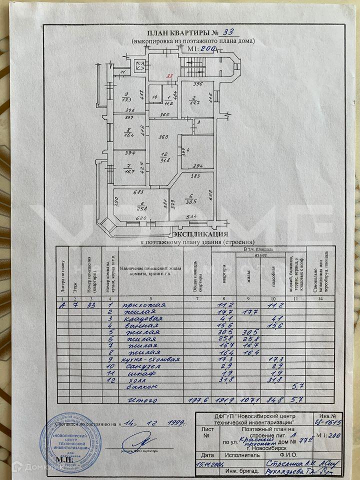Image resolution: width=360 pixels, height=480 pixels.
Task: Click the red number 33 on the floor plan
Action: pos(170,76)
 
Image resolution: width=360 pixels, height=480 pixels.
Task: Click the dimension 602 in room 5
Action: pos(210,194)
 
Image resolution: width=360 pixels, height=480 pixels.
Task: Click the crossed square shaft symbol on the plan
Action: pos(140,65)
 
